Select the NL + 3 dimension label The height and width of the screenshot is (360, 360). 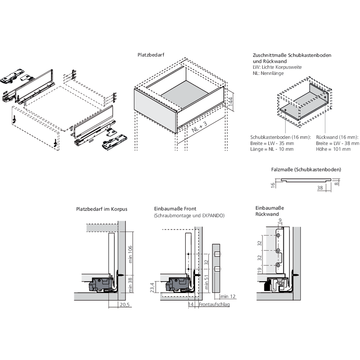[x=200, y=127]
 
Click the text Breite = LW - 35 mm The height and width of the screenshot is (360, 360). [x=272, y=143]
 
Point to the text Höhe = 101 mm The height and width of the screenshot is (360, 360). [x=333, y=149]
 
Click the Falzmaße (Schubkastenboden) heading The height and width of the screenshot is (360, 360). [x=306, y=169]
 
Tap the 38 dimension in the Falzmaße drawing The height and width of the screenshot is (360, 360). [x=320, y=188]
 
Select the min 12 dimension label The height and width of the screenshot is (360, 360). [x=228, y=296]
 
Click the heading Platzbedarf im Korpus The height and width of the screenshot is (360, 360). [x=102, y=209]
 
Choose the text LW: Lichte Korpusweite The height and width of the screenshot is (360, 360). [x=277, y=67]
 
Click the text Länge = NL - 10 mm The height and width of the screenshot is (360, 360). [x=272, y=149]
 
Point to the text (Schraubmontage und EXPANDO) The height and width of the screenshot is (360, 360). [x=189, y=216]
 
